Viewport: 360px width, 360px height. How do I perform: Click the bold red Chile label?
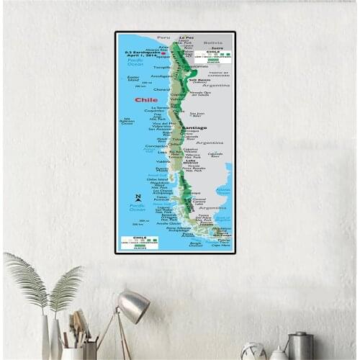[145, 100]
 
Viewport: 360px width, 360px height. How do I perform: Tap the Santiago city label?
[194, 128]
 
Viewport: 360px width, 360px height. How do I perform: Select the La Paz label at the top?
[186, 37]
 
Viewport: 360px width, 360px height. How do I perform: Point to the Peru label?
[164, 38]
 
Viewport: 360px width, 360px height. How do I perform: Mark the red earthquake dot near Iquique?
[164, 54]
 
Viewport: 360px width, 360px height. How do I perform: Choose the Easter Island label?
[133, 78]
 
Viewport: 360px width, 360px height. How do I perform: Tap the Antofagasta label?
[162, 75]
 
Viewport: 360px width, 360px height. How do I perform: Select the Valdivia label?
[163, 161]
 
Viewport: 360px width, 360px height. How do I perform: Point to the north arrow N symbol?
[138, 198]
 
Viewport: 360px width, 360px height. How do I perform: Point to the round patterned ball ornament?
[253, 352]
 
